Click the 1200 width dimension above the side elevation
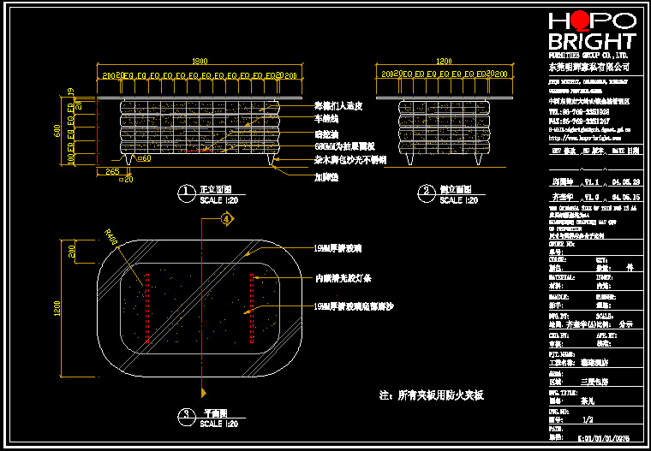point(444,62)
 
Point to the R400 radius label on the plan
point(110,235)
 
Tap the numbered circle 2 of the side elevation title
point(425,190)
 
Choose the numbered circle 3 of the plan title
point(184,416)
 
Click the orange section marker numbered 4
point(226,219)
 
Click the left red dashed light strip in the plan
point(146,308)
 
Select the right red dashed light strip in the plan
point(251,308)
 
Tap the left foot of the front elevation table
point(128,161)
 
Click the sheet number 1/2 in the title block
point(588,420)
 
